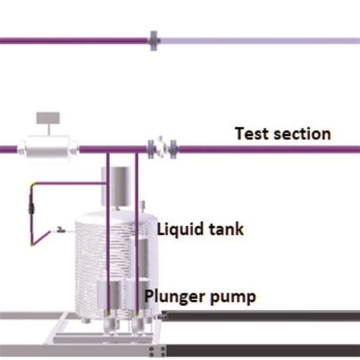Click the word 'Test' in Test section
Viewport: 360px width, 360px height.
(251, 134)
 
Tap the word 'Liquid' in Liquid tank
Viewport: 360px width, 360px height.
(178, 228)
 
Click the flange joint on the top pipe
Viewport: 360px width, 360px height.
(153, 39)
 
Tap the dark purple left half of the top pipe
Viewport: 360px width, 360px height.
(76, 39)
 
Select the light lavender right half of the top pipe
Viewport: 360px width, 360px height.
(258, 39)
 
